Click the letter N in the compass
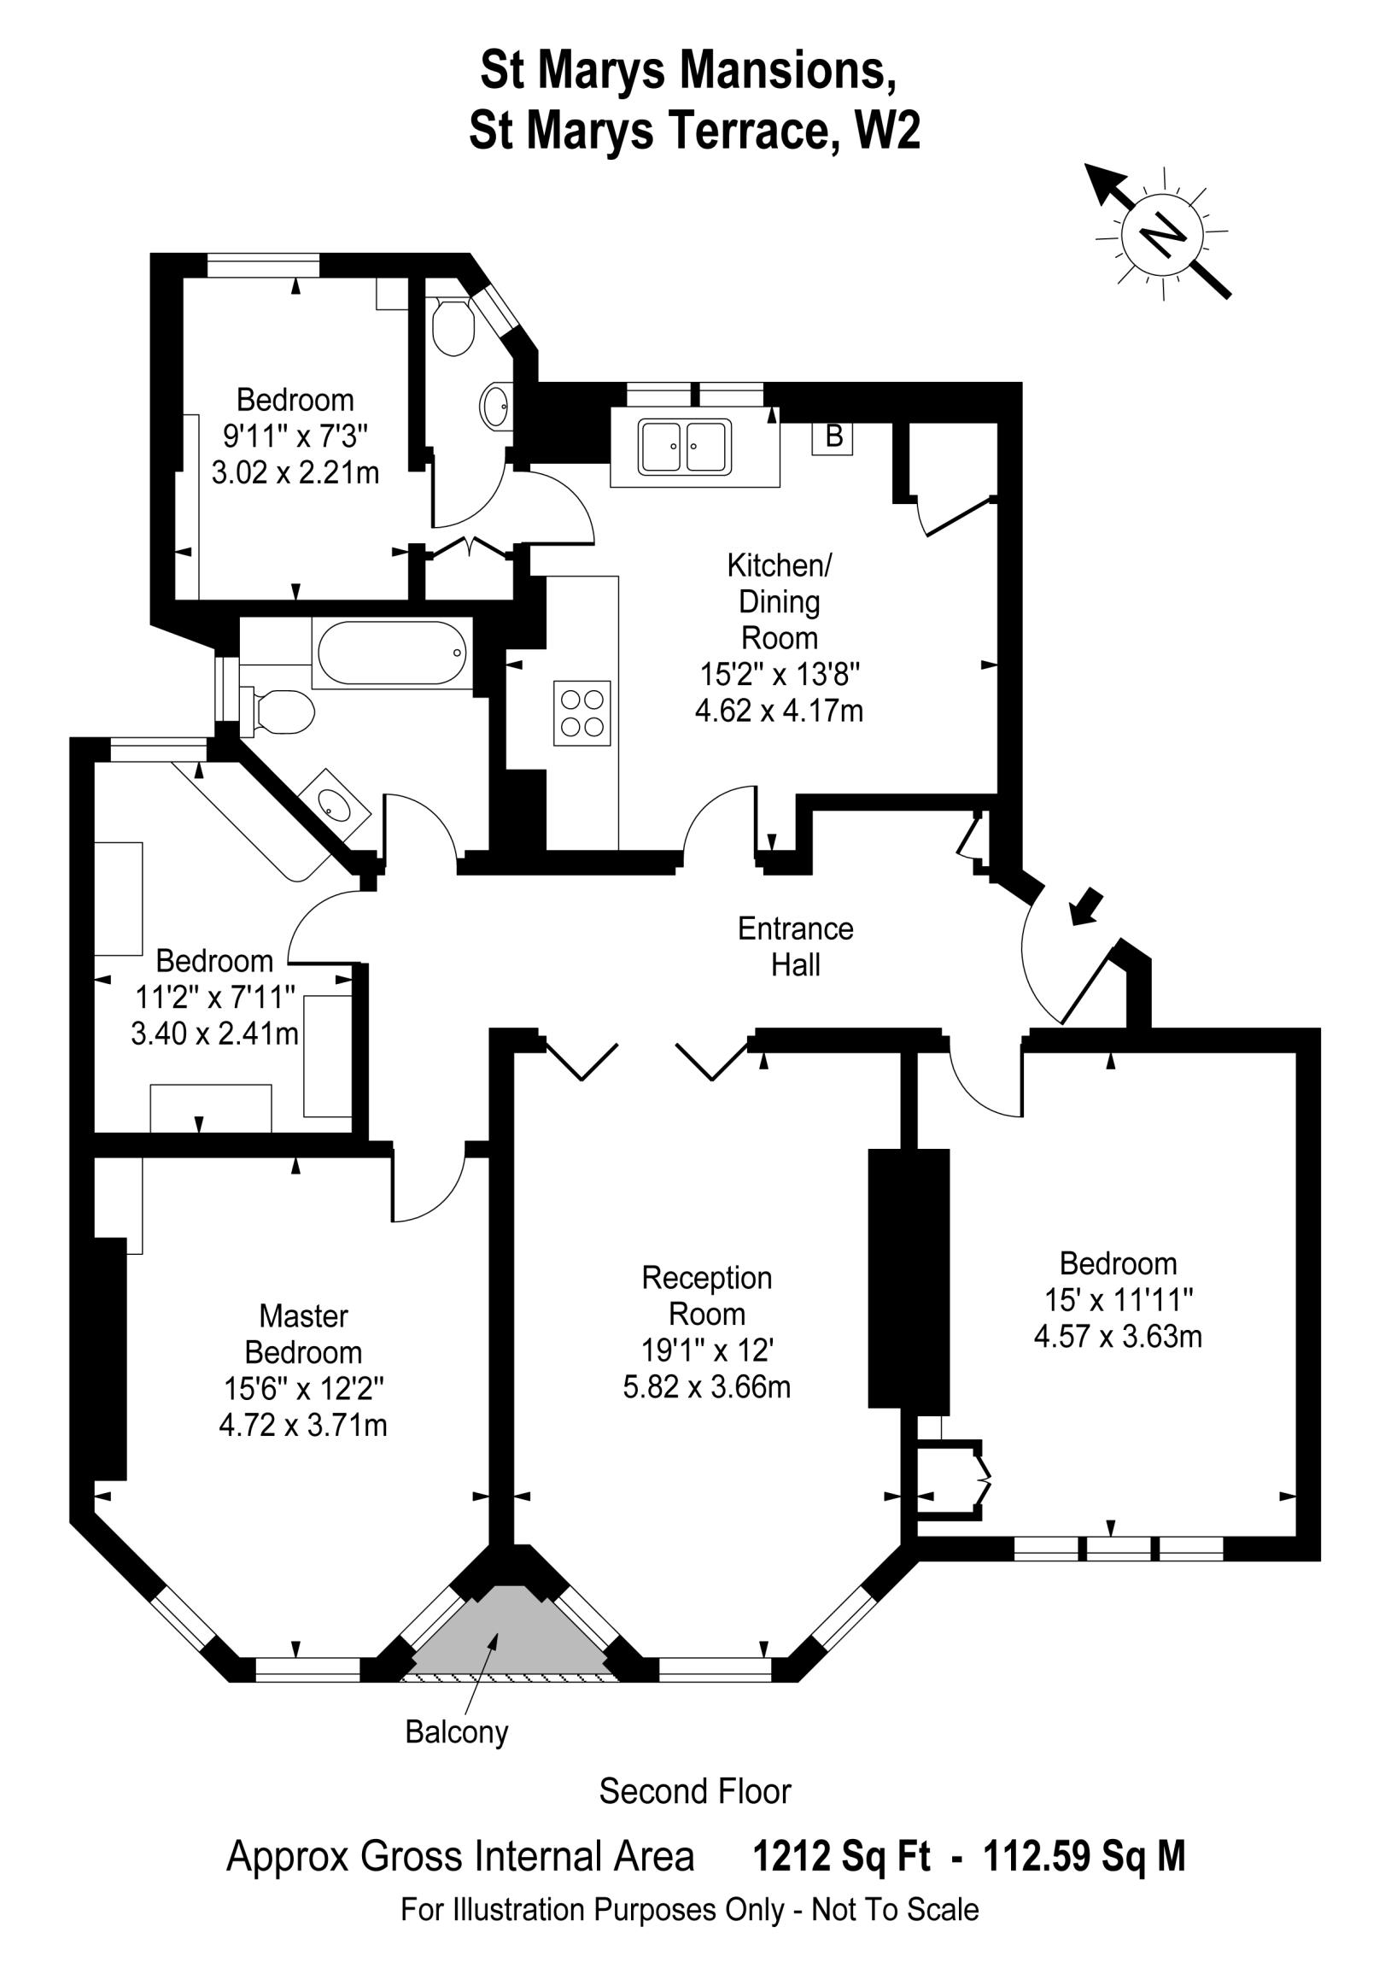click(x=1164, y=232)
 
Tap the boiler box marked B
click(x=833, y=436)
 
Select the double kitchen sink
click(x=685, y=447)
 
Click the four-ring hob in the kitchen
click(x=582, y=712)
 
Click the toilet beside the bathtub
click(x=280, y=712)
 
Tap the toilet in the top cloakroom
click(x=453, y=326)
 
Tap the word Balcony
click(x=457, y=1731)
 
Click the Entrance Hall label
click(x=795, y=946)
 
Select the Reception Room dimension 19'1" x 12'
click(x=707, y=1350)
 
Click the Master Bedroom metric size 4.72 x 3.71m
click(x=302, y=1425)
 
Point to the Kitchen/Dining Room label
click(x=778, y=600)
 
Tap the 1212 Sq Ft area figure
click(x=841, y=1857)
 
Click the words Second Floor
click(x=694, y=1791)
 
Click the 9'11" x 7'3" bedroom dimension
click(x=295, y=436)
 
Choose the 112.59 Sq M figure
click(x=1084, y=1857)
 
